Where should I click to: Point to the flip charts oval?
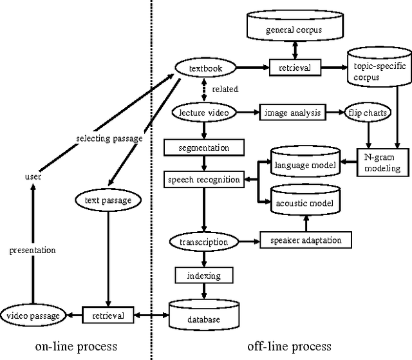tap(368, 112)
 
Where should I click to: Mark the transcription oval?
tap(204, 242)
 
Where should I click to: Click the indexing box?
tap(204, 276)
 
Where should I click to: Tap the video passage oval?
tap(33, 316)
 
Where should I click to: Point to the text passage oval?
tap(108, 200)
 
